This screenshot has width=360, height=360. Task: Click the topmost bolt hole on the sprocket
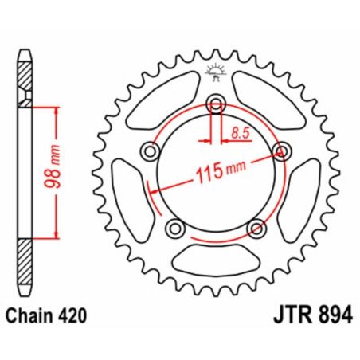coord(215,102)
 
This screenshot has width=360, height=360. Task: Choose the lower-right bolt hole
coord(255,229)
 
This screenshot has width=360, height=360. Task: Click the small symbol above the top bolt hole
coord(215,71)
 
